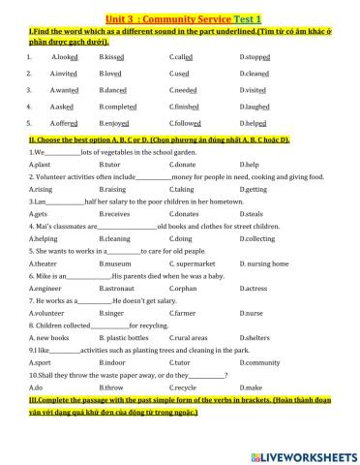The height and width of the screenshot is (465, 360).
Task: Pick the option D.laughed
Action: point(255,106)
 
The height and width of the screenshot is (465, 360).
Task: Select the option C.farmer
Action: point(181,313)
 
